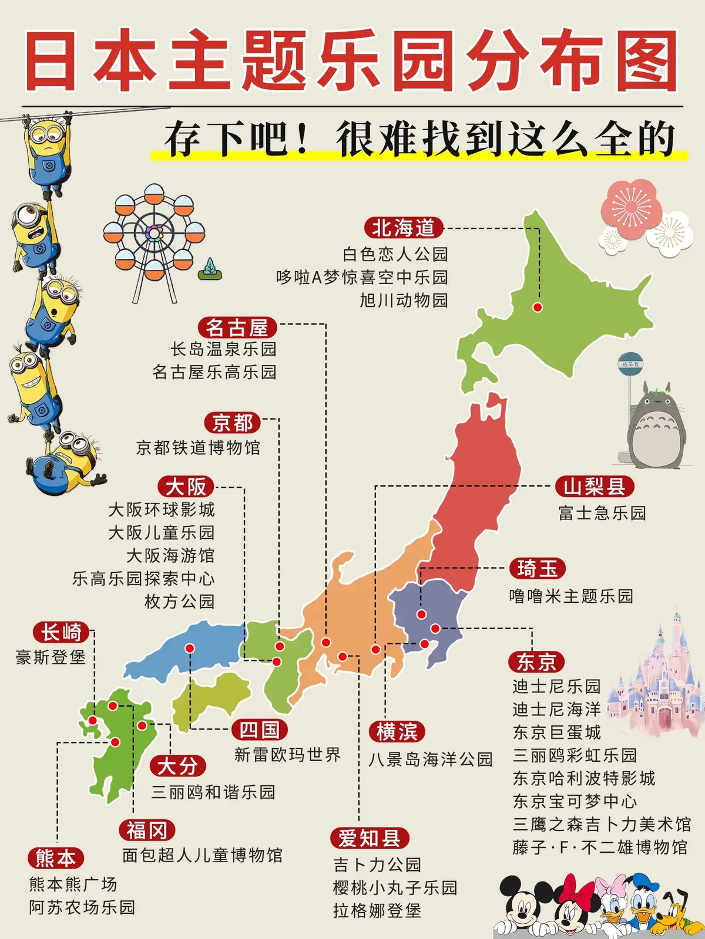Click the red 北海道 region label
point(404,228)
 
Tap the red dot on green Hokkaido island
point(537,307)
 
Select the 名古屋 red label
point(237,327)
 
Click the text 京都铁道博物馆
point(198,448)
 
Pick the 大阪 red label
point(186,487)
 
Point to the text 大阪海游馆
point(170,555)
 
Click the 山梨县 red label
point(595,487)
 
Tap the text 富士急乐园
point(602,513)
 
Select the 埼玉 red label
point(537,569)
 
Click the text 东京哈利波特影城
point(584,778)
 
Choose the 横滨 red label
point(397,732)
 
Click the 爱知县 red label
point(369,838)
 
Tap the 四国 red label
point(259,730)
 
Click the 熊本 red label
point(56,858)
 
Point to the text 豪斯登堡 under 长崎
point(51,657)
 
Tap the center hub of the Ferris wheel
point(154,234)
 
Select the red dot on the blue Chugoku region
point(190,648)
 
